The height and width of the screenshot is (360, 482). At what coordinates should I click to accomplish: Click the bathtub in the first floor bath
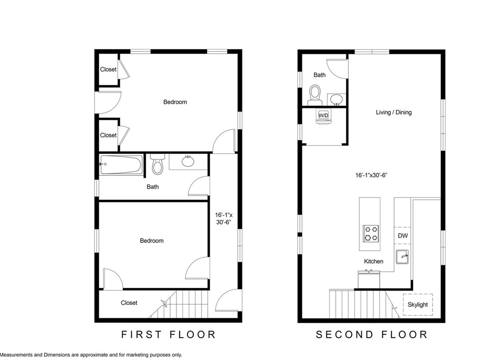tap(121, 165)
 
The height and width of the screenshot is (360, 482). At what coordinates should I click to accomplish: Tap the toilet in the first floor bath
tap(157, 165)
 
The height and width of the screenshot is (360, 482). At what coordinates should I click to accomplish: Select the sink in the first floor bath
tap(188, 161)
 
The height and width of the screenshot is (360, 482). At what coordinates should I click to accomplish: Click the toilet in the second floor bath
tap(315, 94)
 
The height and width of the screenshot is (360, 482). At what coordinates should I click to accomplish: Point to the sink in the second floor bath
tap(337, 99)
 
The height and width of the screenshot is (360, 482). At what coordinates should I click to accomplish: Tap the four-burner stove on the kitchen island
tap(371, 233)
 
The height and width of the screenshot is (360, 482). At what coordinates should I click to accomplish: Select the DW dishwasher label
tap(403, 236)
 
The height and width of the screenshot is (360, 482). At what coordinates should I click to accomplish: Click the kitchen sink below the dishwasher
tap(403, 257)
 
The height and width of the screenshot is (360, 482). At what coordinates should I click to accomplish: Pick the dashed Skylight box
tap(418, 305)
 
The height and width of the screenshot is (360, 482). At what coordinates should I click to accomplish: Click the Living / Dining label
tap(394, 113)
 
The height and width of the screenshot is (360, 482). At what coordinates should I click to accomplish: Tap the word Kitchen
tap(373, 262)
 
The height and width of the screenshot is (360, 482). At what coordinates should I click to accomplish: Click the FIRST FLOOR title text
tap(169, 335)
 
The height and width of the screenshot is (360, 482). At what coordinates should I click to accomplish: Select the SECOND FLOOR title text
tap(372, 335)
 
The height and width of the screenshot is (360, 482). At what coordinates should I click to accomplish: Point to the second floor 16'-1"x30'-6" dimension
tap(371, 175)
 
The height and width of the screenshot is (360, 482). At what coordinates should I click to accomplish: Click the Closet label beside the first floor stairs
tap(129, 303)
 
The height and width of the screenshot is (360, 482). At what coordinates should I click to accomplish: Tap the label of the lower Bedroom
tap(151, 241)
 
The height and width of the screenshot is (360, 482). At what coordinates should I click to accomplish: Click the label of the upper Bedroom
tap(175, 102)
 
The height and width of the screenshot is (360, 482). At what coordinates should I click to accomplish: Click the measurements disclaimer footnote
tap(91, 355)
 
